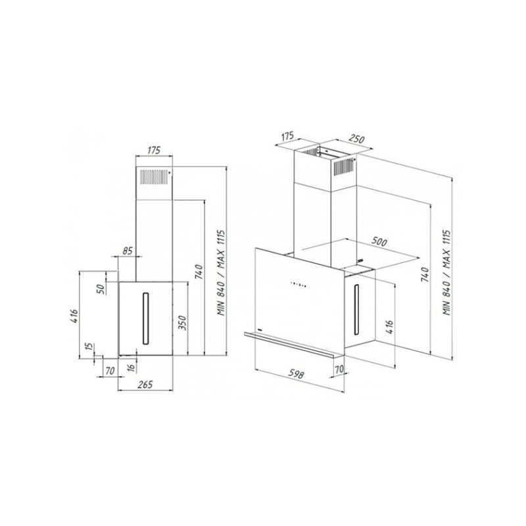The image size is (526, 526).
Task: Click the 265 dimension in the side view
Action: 145,384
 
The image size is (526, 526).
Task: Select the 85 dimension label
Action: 128,251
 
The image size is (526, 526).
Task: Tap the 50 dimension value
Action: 101,288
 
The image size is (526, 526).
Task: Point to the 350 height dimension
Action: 181,323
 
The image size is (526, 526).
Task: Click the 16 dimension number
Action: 131,368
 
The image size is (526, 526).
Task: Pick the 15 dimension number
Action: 89,347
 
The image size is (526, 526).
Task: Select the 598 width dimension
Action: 296,373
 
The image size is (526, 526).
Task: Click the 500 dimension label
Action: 379,241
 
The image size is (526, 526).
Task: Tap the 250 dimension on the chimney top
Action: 356,139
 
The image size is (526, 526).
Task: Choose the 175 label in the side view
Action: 154,150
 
